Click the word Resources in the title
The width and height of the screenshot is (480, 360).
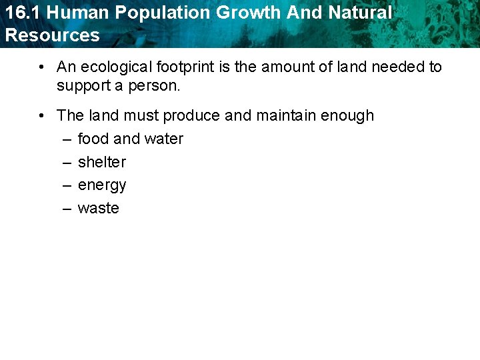pos(52,35)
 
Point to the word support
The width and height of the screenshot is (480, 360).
pos(81,86)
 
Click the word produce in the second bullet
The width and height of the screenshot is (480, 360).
pos(191,115)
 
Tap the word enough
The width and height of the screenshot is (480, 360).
pos(347,115)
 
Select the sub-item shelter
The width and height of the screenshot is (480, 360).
pos(102,162)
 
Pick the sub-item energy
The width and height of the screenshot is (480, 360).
pos(102,185)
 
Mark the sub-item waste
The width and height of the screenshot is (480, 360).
pos(99,208)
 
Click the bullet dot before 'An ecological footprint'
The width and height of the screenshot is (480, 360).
pos(41,67)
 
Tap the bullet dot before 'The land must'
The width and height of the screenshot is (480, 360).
pos(41,115)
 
